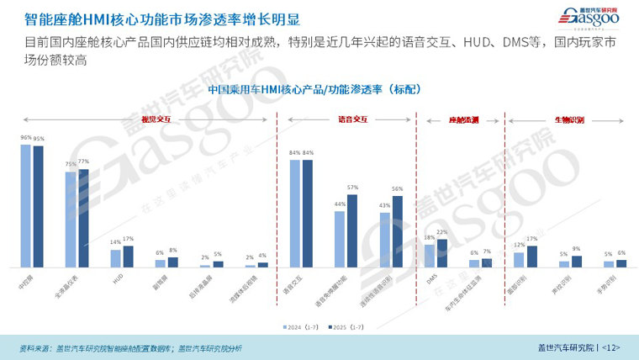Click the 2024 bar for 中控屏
(x=26, y=205)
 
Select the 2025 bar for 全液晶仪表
(x=83, y=218)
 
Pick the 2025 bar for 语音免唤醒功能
(x=352, y=230)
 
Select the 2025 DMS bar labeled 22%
(x=442, y=253)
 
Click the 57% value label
(x=352, y=188)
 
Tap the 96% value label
(x=26, y=137)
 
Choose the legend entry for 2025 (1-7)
(x=341, y=326)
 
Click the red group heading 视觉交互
(x=156, y=119)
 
